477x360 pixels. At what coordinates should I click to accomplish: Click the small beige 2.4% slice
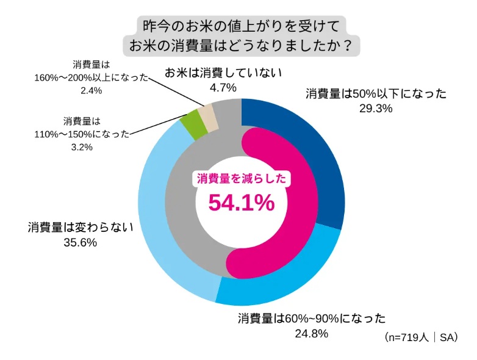pos(206,113)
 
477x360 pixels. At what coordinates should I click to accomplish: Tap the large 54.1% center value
pos(242,203)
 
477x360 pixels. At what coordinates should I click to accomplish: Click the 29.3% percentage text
pos(376,109)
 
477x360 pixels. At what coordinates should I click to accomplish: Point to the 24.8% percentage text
pos(312,333)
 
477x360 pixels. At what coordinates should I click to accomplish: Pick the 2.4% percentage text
pos(90,90)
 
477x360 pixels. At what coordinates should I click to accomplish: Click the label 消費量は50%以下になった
pos(376,93)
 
